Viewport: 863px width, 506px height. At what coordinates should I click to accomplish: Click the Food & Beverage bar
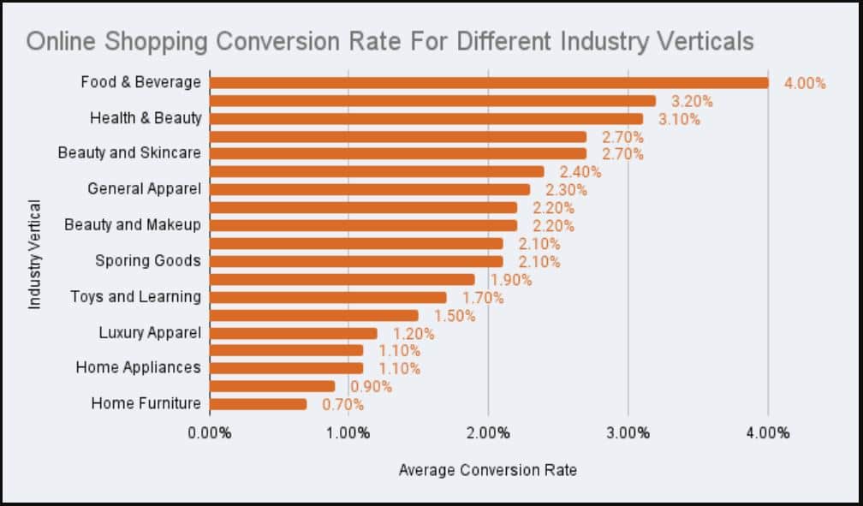(488, 83)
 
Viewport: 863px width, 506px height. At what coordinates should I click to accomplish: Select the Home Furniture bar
(258, 404)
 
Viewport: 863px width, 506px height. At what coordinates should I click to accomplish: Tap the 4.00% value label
(805, 83)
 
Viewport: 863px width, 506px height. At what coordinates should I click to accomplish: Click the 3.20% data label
(692, 101)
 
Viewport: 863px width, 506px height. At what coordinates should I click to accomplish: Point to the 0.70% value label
(343, 405)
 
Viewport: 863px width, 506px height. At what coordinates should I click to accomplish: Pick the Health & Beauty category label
(146, 118)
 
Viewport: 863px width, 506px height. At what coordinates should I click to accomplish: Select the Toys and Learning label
(135, 297)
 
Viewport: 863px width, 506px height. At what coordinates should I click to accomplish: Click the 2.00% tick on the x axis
(488, 432)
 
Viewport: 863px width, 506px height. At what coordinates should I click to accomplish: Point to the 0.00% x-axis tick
(209, 432)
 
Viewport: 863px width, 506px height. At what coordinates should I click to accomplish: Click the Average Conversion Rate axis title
(488, 470)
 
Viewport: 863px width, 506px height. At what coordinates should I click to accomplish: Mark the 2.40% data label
(580, 172)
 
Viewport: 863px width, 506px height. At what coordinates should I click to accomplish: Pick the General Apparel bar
(369, 189)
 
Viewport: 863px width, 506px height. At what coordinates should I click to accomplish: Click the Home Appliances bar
(286, 368)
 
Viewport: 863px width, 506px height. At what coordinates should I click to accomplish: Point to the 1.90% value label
(511, 280)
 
